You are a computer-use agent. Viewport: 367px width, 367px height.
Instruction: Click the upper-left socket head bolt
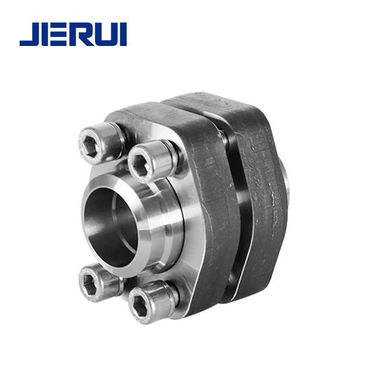(x=100, y=143)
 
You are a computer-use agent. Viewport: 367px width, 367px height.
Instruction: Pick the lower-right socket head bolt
(x=153, y=302)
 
